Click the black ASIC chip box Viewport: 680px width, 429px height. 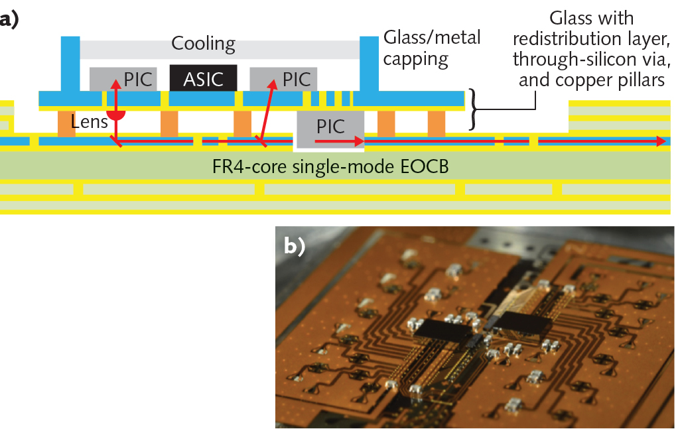point(204,78)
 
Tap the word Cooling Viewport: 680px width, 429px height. point(203,44)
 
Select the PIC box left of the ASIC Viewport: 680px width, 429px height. point(123,79)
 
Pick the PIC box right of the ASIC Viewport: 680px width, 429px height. point(283,79)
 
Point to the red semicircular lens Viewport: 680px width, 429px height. point(117,115)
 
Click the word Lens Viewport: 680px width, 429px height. point(89,121)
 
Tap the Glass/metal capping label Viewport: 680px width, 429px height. point(431,48)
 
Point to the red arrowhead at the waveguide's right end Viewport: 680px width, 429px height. point(661,141)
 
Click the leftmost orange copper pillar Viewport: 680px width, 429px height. point(66,124)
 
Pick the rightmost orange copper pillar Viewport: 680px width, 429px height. point(436,124)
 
